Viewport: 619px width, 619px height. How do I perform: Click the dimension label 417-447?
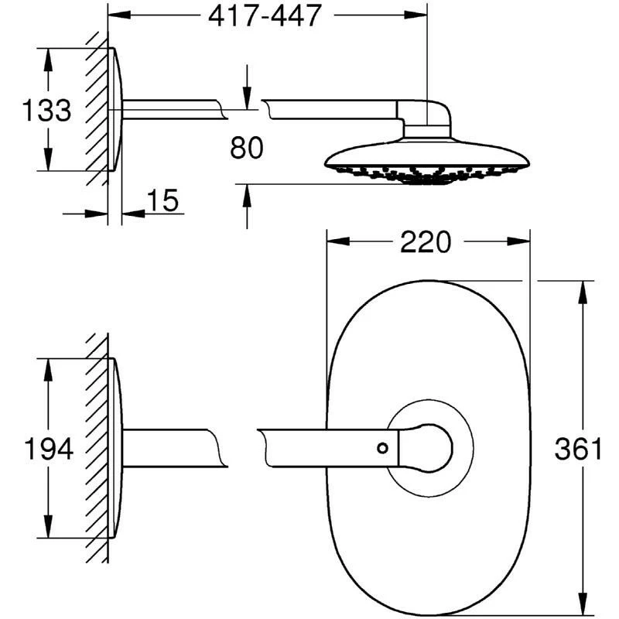[265, 15]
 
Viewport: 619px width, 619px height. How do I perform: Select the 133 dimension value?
[45, 111]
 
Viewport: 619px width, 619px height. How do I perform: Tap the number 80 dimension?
[248, 147]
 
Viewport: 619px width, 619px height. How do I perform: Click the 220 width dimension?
[425, 242]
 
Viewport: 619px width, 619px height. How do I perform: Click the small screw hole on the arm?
[381, 447]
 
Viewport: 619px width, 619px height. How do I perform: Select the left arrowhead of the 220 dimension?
[333, 242]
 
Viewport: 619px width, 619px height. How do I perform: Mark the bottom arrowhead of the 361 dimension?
[580, 608]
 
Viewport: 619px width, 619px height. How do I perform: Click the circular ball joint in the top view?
[430, 447]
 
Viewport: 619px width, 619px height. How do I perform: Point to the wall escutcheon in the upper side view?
[114, 110]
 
